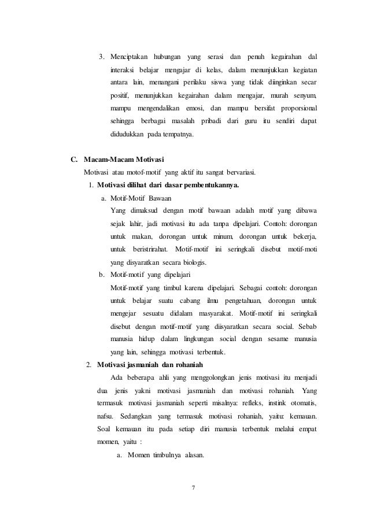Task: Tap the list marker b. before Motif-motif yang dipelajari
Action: tap(102, 275)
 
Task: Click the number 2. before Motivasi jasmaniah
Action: tap(88, 365)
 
